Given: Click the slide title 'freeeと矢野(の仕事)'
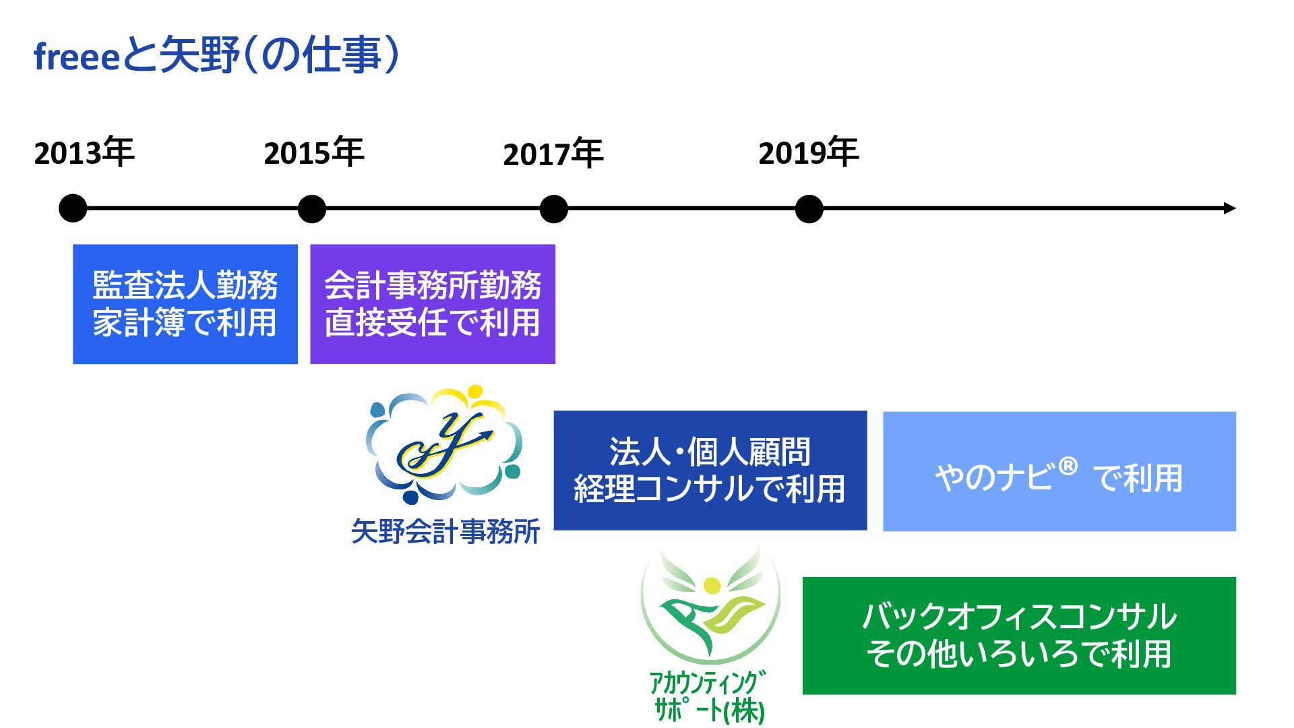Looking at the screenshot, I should coord(216,55).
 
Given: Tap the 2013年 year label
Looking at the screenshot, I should coord(84,153).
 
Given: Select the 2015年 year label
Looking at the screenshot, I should coord(313,153).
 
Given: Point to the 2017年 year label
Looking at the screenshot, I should coord(553,154).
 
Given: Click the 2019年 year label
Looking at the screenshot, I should coord(808,153).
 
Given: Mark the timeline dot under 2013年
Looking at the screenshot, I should coord(73,208).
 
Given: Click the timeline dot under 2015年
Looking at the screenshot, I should coord(311,208).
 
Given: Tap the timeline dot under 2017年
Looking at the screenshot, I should coord(553,208).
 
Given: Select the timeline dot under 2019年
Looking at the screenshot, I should coord(809,208).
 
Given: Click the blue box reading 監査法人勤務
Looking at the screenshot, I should coord(185,304).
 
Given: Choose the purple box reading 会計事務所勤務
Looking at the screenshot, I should coord(432,304).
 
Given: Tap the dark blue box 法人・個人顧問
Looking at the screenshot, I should coord(710,471).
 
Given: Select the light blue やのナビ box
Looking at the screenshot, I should coord(1059,471).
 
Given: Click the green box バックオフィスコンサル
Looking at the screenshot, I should coord(1018,636).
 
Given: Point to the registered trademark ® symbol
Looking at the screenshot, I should coord(1068,466).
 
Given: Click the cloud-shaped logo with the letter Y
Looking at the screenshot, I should coord(443,445).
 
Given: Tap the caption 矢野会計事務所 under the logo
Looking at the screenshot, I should coord(445,532).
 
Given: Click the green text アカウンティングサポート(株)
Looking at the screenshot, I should coord(708,696).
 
